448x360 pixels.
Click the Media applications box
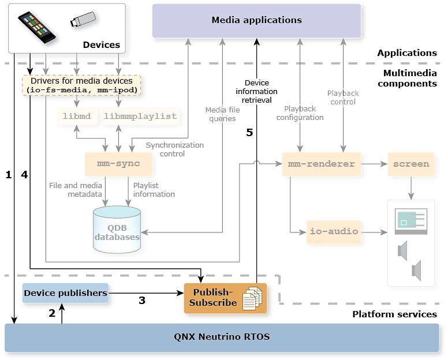click(x=256, y=21)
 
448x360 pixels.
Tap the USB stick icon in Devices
click(x=83, y=20)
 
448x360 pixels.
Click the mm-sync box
click(x=119, y=164)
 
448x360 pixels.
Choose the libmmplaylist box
click(x=140, y=117)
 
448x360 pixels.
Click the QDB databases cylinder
click(x=117, y=230)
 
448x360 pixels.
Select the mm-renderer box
click(x=321, y=164)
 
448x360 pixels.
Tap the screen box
click(x=411, y=164)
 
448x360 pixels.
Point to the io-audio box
click(x=334, y=231)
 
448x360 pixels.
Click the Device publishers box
click(x=65, y=293)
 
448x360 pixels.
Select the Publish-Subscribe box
click(x=225, y=298)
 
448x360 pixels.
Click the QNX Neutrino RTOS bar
click(x=222, y=337)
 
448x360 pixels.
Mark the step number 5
click(x=249, y=133)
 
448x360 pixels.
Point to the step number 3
click(x=141, y=300)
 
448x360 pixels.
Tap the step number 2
click(x=52, y=313)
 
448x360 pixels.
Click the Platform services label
click(x=394, y=314)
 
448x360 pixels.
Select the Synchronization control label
click(x=174, y=149)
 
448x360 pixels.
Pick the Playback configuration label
click(x=300, y=113)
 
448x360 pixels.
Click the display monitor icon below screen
click(x=410, y=222)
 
